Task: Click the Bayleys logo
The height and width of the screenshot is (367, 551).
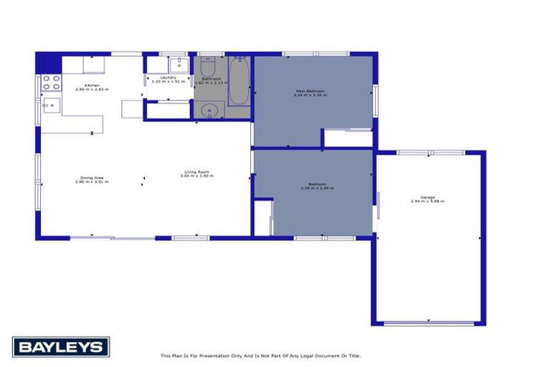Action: tap(61, 347)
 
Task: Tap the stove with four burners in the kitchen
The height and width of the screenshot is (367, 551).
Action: tap(51, 82)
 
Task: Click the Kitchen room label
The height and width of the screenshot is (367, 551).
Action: tap(92, 87)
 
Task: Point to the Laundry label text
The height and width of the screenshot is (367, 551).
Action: tap(169, 79)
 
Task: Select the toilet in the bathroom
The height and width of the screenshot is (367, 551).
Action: tap(209, 67)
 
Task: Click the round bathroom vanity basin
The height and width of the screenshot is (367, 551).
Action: tap(209, 110)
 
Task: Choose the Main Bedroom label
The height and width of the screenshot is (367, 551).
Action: tap(311, 92)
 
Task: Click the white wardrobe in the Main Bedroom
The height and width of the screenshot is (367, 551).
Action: tap(347, 138)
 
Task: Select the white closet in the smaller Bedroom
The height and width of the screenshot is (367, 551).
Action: tap(263, 217)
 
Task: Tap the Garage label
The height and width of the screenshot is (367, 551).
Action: tap(428, 199)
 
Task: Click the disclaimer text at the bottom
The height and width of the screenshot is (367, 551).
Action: tap(260, 356)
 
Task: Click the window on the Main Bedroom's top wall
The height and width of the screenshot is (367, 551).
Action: tap(316, 54)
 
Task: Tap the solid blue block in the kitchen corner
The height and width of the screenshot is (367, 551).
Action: tap(48, 63)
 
